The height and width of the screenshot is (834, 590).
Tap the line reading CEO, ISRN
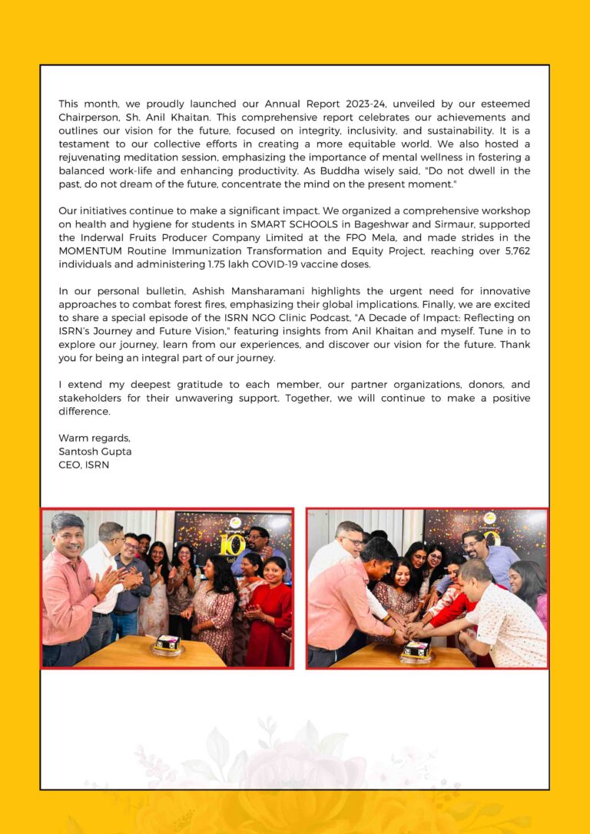point(84,465)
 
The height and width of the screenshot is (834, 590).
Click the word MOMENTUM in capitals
point(93,251)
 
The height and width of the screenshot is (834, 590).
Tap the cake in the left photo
point(167,644)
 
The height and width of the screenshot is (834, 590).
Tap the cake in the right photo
point(417,649)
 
